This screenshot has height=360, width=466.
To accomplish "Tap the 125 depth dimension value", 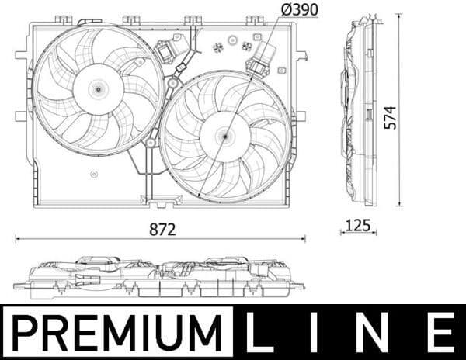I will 358,226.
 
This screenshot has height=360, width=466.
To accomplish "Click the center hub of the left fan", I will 98,88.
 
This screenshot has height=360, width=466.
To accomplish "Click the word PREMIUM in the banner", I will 117,332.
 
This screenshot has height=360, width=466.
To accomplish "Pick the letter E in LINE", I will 442,332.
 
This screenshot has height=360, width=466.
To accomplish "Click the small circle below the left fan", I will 94,174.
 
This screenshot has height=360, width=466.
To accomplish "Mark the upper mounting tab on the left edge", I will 21,55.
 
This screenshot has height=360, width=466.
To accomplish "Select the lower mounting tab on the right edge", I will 300,116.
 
